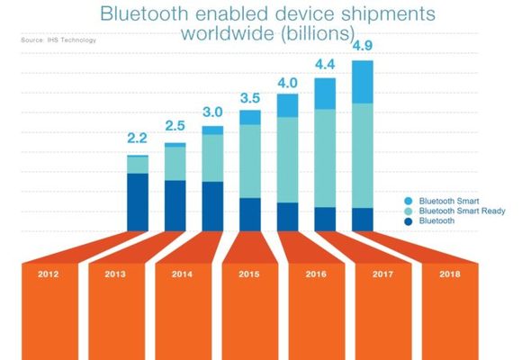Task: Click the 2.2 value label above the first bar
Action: point(138,138)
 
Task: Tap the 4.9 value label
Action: point(363,45)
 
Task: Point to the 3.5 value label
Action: point(250,96)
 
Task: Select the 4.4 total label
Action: point(324,64)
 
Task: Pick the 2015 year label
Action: point(250,274)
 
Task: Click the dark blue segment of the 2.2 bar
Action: point(138,202)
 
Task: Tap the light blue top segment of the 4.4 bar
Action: point(324,94)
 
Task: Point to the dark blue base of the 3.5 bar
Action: point(250,214)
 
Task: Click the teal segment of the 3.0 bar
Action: point(212,158)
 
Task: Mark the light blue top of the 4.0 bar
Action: point(287,105)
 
